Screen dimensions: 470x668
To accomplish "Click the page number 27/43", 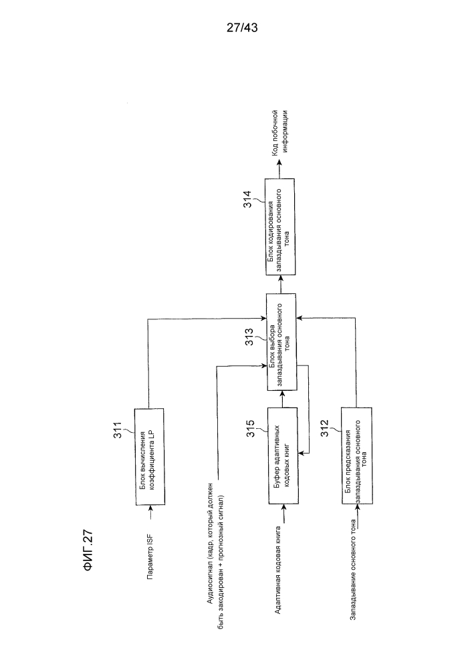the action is pyautogui.click(x=242, y=28).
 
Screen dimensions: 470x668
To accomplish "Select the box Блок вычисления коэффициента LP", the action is pyautogui.click(x=149, y=457).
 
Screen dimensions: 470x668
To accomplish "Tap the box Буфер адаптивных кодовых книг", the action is pyautogui.click(x=283, y=456).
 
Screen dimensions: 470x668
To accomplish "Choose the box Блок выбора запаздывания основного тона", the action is pyautogui.click(x=281, y=341).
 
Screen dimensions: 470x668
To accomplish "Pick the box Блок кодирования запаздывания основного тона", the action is pyautogui.click(x=280, y=226).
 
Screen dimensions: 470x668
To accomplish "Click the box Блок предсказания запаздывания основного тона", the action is pyautogui.click(x=356, y=456).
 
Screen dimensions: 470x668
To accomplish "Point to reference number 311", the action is pyautogui.click(x=117, y=430).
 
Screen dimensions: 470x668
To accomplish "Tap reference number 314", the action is pyautogui.click(x=247, y=199).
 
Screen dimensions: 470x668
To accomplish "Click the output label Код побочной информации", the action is pyautogui.click(x=279, y=132).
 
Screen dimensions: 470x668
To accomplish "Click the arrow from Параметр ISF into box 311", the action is pyautogui.click(x=150, y=513).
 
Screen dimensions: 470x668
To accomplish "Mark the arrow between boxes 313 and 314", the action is pyautogui.click(x=281, y=284).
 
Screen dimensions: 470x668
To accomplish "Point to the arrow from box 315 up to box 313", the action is pyautogui.click(x=282, y=399).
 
